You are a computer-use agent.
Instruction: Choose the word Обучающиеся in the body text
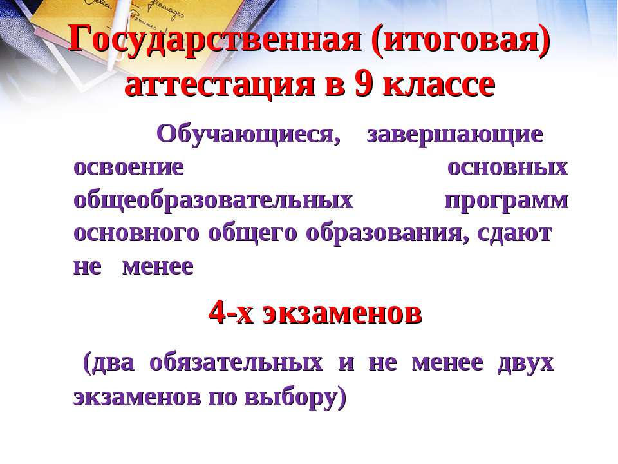[248, 135]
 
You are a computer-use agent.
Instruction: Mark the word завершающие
[454, 135]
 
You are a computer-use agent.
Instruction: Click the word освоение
[129, 168]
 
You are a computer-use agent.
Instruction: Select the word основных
[507, 168]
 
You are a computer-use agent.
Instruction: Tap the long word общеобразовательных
[214, 200]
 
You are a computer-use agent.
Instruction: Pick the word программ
[507, 200]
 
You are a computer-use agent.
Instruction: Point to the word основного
[136, 233]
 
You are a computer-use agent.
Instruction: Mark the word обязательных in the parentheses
[236, 363]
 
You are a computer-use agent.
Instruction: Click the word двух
[525, 363]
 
